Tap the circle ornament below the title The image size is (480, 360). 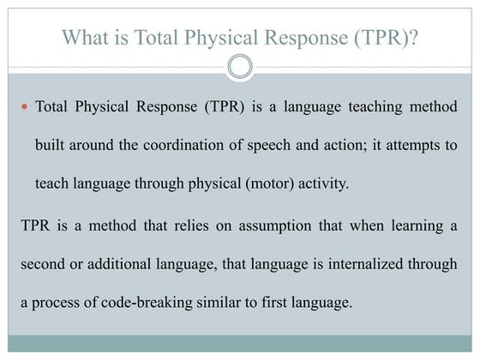click(x=241, y=66)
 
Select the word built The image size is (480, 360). click(x=50, y=144)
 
